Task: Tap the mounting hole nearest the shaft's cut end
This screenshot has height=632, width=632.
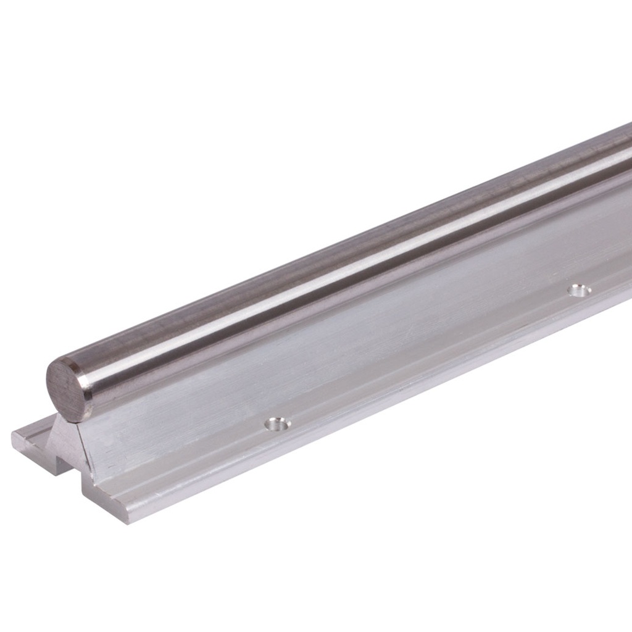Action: point(277,424)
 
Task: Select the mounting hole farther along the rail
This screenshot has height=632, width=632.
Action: point(579,290)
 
